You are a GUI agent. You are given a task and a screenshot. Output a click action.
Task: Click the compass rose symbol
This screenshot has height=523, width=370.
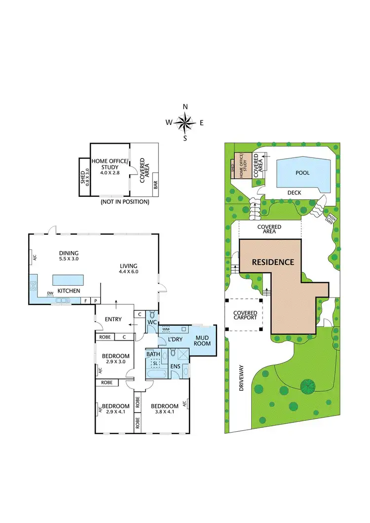(185, 122)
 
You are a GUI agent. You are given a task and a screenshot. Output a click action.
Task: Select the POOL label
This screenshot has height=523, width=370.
(302, 173)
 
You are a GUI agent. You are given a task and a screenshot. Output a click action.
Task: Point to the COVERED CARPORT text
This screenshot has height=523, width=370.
(245, 314)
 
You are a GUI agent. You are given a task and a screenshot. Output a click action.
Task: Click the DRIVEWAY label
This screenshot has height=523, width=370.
(241, 378)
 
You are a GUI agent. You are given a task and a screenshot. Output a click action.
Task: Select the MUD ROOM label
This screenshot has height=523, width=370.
(202, 340)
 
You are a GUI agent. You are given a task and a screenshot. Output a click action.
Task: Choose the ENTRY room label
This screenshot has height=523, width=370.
(113, 319)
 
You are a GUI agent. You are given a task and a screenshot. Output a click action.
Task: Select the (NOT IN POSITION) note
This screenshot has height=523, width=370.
(124, 202)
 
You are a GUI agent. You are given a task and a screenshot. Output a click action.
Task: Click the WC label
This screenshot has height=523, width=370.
(152, 322)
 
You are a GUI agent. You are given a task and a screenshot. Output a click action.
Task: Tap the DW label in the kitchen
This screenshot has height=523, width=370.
(50, 293)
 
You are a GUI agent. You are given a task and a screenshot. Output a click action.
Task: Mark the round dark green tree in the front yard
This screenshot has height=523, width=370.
(307, 384)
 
